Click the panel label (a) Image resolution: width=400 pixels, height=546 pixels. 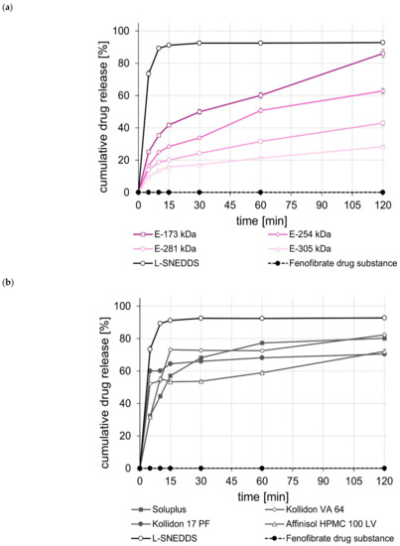(x=9, y=9)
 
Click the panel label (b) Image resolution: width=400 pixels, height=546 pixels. (x=9, y=285)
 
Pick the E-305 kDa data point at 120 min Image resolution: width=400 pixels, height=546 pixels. (x=382, y=147)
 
